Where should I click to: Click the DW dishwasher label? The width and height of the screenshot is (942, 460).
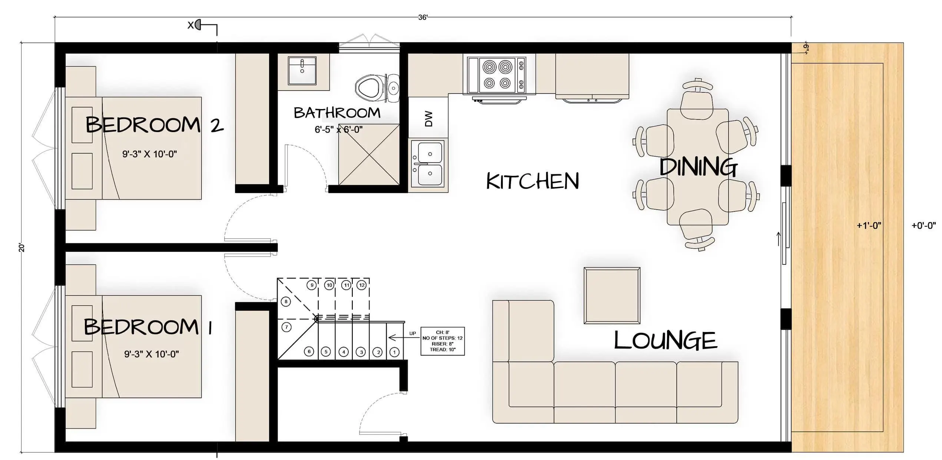pos(428,119)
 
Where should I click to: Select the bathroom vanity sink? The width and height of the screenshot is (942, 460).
pos(302,70)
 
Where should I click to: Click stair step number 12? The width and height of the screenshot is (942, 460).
pos(362,285)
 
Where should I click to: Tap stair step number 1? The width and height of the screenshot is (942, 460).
pos(395,352)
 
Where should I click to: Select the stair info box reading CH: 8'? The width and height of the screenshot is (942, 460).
pos(442,341)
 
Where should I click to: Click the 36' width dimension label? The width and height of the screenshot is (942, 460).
pos(423,17)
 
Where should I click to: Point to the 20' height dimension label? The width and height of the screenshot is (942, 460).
pos(22,248)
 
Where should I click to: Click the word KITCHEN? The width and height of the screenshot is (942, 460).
pos(533,181)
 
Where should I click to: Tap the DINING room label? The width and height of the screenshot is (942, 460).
pos(699,167)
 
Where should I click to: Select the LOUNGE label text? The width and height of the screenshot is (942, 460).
pos(666,341)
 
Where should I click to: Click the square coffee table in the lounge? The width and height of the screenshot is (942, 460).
pos(612,295)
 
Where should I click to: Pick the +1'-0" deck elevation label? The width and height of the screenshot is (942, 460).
pos(869,226)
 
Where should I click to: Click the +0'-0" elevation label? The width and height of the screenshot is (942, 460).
pos(924,226)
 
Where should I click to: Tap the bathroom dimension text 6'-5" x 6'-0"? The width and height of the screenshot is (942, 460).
pos(339,129)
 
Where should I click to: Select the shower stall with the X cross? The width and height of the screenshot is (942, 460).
pos(369,154)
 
